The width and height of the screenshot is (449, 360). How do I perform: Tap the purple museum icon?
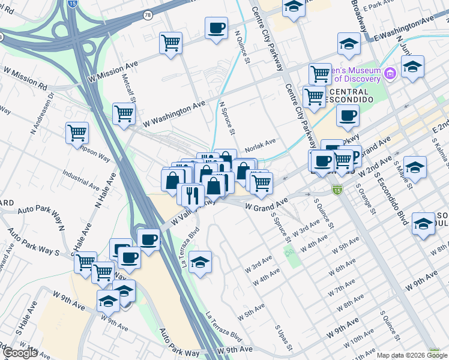point(390,74)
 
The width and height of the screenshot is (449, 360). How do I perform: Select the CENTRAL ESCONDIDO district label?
point(351,98)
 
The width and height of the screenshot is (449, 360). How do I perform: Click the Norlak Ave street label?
point(260,142)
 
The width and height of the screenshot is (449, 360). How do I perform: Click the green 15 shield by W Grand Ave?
point(337,190)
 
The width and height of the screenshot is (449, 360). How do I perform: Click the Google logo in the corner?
point(20,353)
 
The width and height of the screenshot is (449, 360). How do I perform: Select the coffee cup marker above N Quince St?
point(216,28)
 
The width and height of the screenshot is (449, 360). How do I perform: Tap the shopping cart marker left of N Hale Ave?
point(77,133)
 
